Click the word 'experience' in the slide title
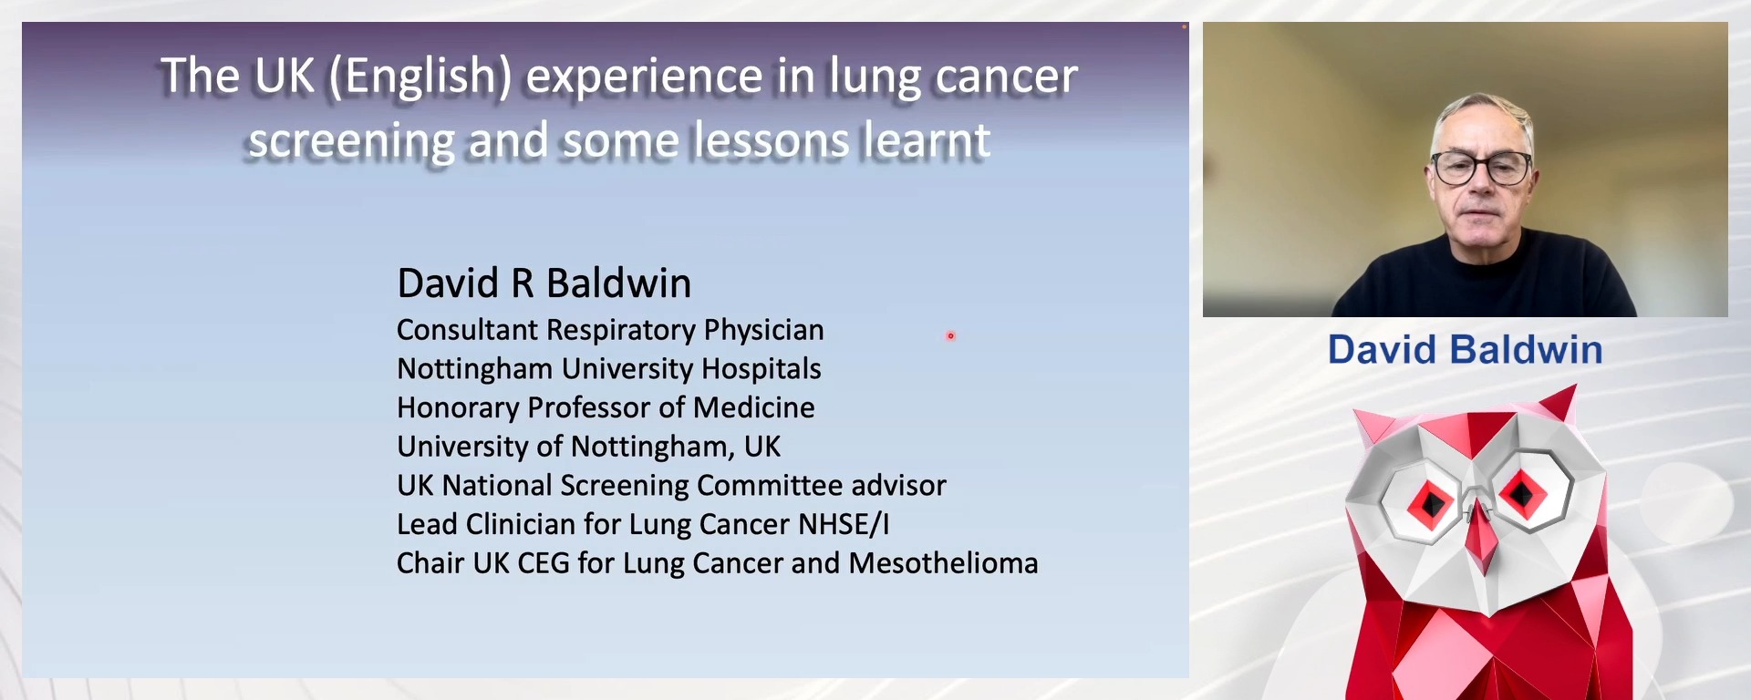click(x=644, y=77)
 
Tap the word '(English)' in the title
click(x=420, y=77)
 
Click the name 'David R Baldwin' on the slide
click(x=544, y=283)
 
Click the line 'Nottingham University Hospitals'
click(x=608, y=369)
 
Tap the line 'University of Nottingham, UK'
click(x=588, y=447)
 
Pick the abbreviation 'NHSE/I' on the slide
click(x=843, y=525)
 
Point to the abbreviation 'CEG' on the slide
click(x=544, y=563)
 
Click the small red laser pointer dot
click(x=950, y=336)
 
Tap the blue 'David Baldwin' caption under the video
click(x=1465, y=350)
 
